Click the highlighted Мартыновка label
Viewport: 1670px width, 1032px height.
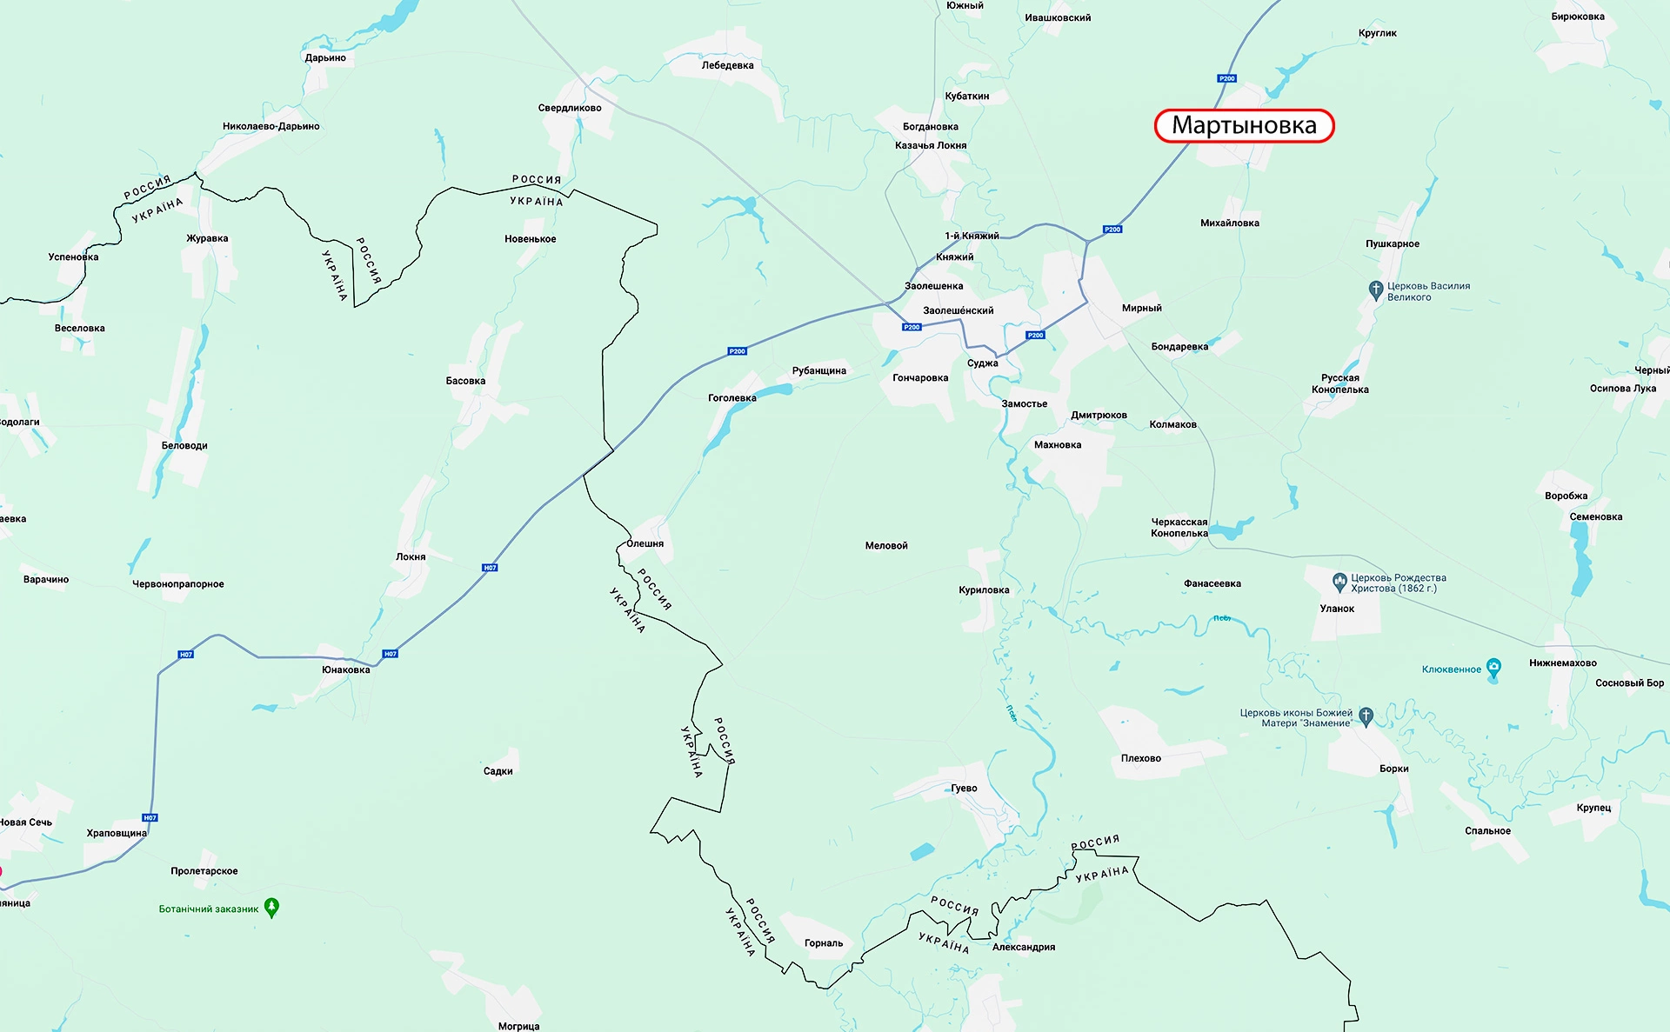(x=1244, y=125)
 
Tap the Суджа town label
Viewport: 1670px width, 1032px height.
(x=982, y=363)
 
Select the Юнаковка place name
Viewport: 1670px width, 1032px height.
(x=345, y=669)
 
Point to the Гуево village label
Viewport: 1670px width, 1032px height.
(x=964, y=789)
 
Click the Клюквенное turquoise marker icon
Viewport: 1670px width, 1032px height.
(x=1493, y=668)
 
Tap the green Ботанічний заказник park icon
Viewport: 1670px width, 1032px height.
(x=271, y=908)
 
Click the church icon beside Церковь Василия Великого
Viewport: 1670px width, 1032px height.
(x=1375, y=290)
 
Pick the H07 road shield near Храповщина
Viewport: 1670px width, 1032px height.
(x=150, y=818)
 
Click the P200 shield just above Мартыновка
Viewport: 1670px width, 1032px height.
(x=1226, y=78)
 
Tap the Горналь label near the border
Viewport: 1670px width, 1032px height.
(x=823, y=943)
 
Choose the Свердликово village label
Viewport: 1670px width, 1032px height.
(x=570, y=108)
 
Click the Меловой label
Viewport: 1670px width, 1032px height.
(x=886, y=546)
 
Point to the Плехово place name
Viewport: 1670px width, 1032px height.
(x=1140, y=758)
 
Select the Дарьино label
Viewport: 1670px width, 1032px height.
(x=325, y=58)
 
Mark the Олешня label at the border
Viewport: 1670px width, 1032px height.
(x=645, y=543)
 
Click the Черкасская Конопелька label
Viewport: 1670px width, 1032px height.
(x=1179, y=528)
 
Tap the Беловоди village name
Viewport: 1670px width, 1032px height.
(x=184, y=446)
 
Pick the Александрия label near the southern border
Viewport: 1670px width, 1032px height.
(x=1023, y=947)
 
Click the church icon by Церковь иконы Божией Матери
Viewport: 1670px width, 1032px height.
(x=1366, y=716)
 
